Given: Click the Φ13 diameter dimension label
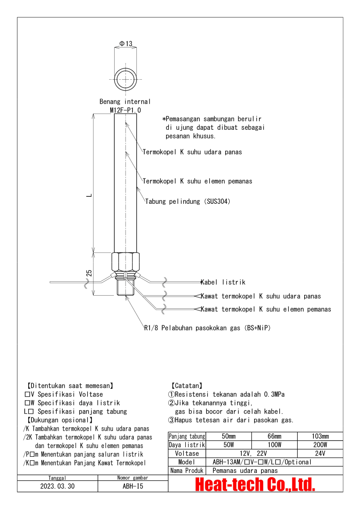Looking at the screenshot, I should pyautogui.click(x=126, y=44).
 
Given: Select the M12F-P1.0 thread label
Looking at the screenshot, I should pyautogui.click(x=125, y=110).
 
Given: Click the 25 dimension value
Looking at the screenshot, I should pyautogui.click(x=89, y=273).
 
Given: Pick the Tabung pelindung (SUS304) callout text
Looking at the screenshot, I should pyautogui.click(x=188, y=202).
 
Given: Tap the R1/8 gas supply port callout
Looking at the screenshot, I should pyautogui.click(x=207, y=328).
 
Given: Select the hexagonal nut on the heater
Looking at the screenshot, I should pyautogui.click(x=126, y=262).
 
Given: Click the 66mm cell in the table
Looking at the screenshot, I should pyautogui.click(x=274, y=436).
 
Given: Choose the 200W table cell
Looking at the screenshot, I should pyautogui.click(x=320, y=445).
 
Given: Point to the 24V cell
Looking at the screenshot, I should pyautogui.click(x=320, y=454).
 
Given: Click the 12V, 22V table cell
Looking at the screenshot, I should pyautogui.click(x=251, y=454).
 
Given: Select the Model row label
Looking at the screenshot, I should pyautogui.click(x=187, y=462).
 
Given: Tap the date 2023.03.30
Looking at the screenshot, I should pyautogui.click(x=57, y=486).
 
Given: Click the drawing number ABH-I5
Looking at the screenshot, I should pyautogui.click(x=133, y=486).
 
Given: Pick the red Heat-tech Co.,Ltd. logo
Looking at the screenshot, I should pyautogui.click(x=255, y=484).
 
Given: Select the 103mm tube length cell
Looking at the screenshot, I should pyautogui.click(x=320, y=436).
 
